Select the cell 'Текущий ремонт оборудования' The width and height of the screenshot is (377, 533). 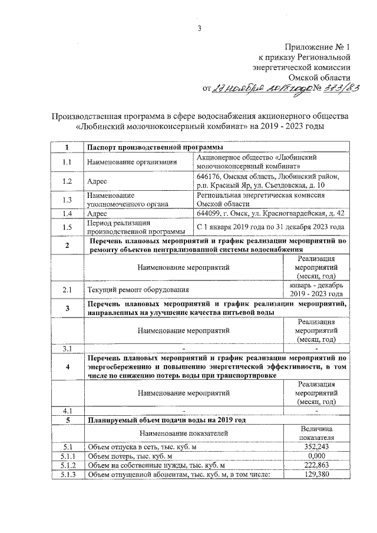coord(139,289)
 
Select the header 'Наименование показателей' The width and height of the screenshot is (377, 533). coord(184,433)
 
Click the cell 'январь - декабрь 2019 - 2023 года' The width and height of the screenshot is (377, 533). coord(317,289)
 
